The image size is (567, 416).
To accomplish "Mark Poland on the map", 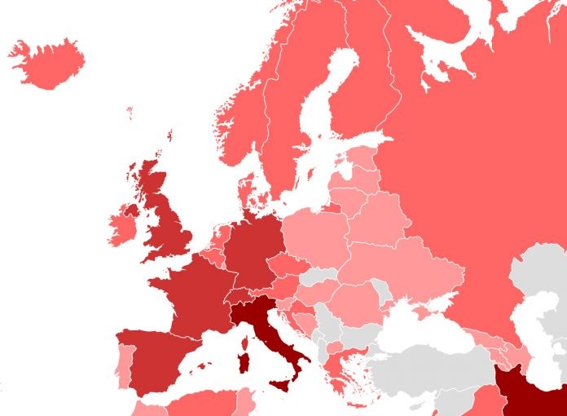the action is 314,232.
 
